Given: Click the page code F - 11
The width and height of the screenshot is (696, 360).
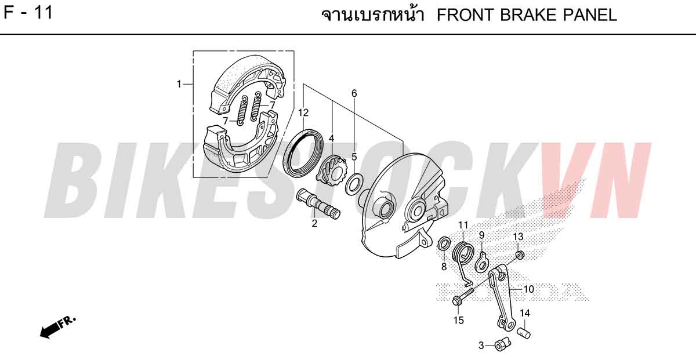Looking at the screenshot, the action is (28, 13).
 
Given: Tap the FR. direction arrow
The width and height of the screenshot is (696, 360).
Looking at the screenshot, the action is (57, 327).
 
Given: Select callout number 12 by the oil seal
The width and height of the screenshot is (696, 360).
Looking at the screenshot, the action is (303, 112).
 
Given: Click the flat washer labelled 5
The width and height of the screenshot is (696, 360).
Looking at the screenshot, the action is (353, 184).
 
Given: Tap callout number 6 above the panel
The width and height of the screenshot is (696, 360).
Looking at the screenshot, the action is (354, 93).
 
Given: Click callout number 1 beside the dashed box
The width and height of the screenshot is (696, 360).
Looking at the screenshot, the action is (179, 84).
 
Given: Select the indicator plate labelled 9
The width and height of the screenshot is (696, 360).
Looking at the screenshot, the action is (482, 263).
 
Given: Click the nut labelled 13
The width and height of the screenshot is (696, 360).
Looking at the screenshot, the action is (520, 255).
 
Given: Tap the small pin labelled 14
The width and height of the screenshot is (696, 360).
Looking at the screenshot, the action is (524, 332).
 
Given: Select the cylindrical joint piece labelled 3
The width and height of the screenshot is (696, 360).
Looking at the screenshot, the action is (503, 344).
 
